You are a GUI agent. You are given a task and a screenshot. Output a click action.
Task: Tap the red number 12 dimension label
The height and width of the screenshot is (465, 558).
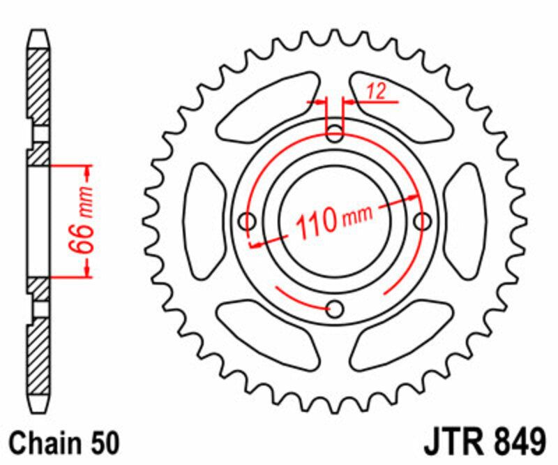[x=375, y=91]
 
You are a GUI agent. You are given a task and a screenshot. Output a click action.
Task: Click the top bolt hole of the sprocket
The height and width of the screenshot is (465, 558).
[x=335, y=132]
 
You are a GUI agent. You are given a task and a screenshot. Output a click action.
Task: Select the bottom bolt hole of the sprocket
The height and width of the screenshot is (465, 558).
[x=335, y=309]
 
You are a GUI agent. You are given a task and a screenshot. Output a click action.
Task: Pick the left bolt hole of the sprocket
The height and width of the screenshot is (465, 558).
[x=247, y=221]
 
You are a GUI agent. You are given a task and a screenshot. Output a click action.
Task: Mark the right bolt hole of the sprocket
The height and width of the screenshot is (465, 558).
[x=421, y=221]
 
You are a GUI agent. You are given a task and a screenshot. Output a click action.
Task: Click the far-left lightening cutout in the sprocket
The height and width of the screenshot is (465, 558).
[x=207, y=221]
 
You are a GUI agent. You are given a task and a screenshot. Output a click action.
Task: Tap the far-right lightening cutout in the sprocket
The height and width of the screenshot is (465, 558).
[x=463, y=221]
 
